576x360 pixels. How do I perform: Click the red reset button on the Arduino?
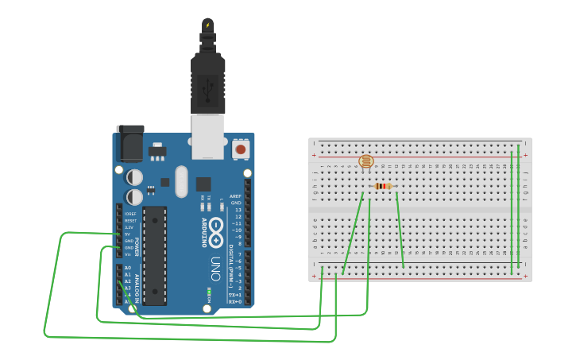[x=240, y=149]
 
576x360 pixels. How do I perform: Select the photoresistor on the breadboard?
[x=365, y=162]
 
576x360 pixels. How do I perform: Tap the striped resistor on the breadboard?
[x=383, y=187]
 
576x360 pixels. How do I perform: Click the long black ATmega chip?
[x=154, y=255]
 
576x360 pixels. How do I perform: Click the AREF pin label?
[x=235, y=195]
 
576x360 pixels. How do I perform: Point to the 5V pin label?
[x=127, y=234]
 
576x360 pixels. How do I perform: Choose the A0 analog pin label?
[x=127, y=268]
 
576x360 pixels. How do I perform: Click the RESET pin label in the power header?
[x=130, y=220]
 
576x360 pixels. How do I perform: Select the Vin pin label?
[x=127, y=254]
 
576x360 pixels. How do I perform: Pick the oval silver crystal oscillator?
[x=181, y=181]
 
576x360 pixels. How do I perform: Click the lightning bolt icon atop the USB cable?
[x=208, y=25]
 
